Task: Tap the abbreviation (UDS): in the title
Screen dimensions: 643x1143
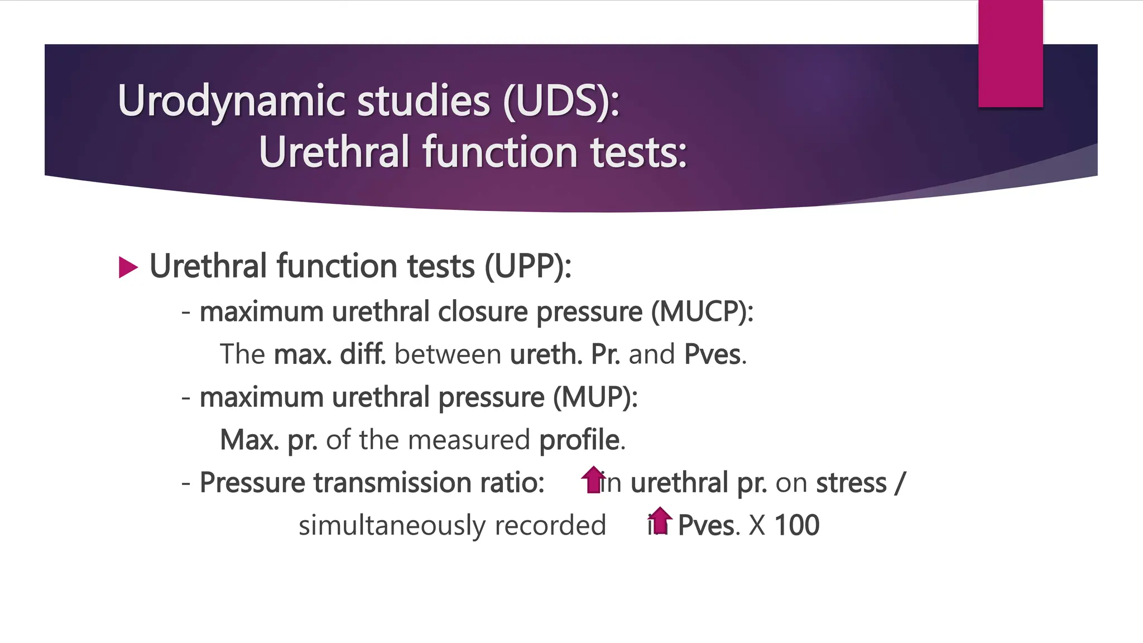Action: point(560,102)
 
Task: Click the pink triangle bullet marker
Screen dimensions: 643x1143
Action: point(128,267)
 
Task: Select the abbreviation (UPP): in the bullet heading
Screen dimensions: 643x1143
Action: point(527,266)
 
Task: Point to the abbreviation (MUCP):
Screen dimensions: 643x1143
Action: point(702,311)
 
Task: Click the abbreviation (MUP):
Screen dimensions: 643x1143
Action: point(595,397)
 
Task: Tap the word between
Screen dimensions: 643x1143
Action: point(448,354)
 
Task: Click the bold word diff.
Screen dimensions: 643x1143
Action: point(363,354)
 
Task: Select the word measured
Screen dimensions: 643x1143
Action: point(469,440)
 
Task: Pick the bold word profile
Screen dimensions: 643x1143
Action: point(579,440)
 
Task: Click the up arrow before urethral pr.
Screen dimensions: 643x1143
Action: point(593,479)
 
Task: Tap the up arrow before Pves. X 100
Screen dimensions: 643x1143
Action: point(660,520)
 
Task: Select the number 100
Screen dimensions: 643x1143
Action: point(797,525)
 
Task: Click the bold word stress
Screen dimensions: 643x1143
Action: point(851,483)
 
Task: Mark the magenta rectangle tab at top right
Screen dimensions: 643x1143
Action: point(1010,54)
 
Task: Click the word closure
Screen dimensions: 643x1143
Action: point(483,311)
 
